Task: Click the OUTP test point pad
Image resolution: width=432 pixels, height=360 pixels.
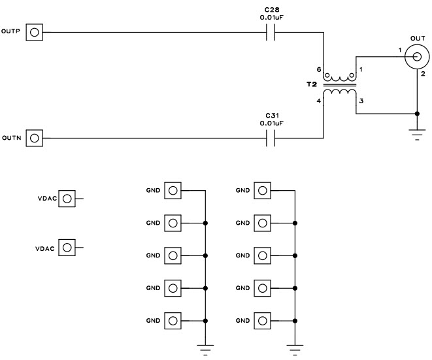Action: click(x=34, y=32)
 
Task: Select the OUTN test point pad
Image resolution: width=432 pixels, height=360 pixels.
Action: click(x=34, y=138)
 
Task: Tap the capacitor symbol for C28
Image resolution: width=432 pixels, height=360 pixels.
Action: click(x=270, y=32)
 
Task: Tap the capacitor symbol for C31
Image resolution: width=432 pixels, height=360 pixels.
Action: click(x=270, y=138)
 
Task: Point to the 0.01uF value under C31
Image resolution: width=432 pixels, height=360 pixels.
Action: click(x=270, y=122)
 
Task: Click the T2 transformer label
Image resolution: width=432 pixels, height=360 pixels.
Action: click(x=310, y=85)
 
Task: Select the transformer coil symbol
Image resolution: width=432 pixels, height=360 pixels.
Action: click(x=340, y=85)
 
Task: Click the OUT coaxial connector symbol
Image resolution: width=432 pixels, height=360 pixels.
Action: click(x=415, y=57)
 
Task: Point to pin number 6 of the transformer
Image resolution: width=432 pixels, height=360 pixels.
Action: click(x=319, y=69)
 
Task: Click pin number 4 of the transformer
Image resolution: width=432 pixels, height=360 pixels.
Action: click(x=319, y=101)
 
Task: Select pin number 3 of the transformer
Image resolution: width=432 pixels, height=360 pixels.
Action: click(x=360, y=101)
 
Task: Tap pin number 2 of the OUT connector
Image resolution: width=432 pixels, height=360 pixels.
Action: click(x=423, y=74)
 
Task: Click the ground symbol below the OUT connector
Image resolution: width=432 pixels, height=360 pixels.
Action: click(x=415, y=134)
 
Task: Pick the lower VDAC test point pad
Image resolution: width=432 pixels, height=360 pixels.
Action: click(x=66, y=248)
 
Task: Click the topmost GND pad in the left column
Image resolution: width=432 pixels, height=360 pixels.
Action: click(x=173, y=191)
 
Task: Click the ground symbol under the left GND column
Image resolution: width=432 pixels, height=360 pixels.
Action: click(x=206, y=348)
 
